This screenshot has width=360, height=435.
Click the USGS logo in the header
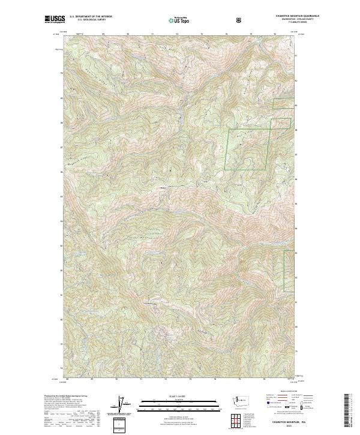pos(53,19)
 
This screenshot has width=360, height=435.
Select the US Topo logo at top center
pos(179,19)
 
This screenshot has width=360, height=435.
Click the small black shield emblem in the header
pos(240,19)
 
